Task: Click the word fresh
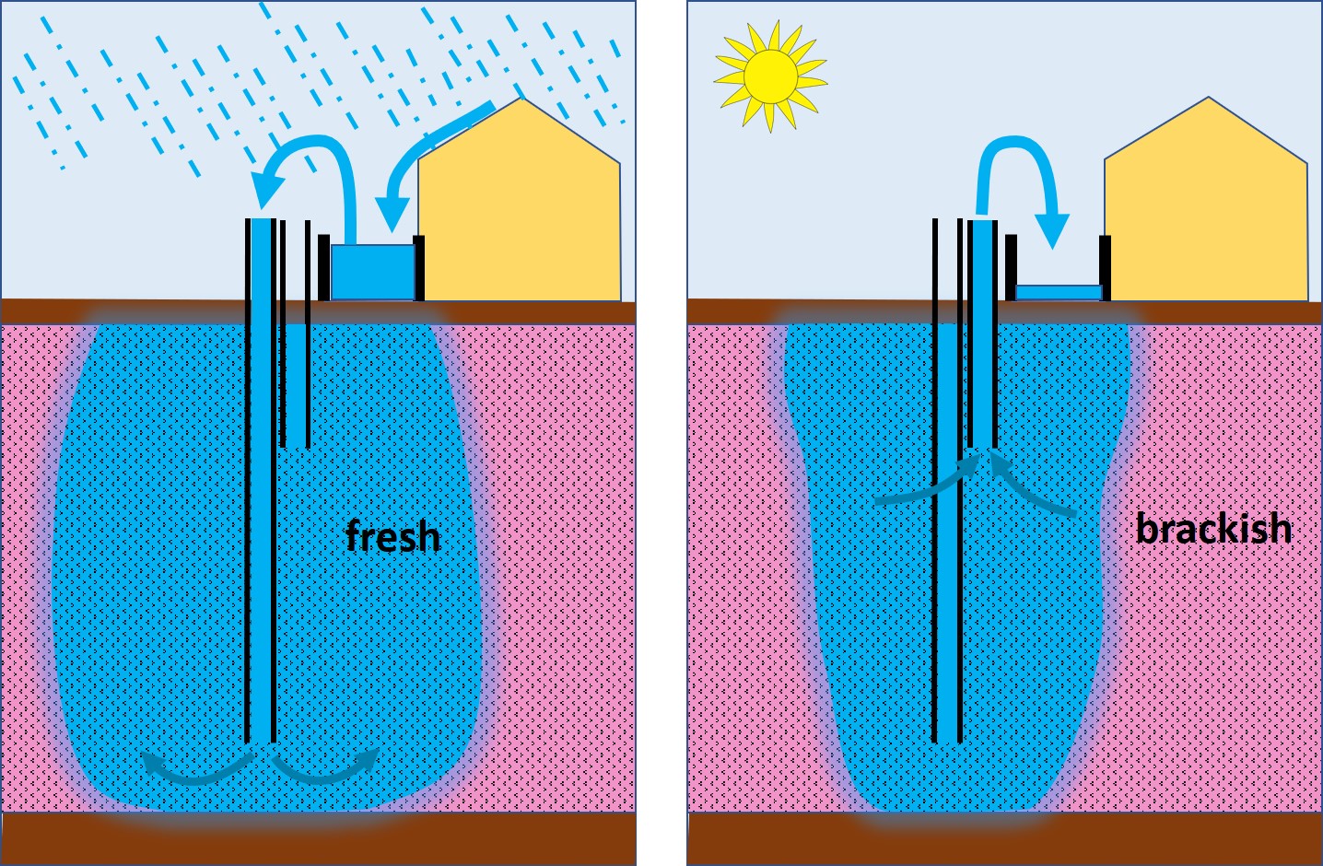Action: pyautogui.click(x=392, y=535)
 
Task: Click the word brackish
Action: pyautogui.click(x=1212, y=528)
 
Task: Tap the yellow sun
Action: pyautogui.click(x=770, y=76)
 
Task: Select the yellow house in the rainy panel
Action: pyautogui.click(x=519, y=221)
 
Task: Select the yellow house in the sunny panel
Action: pyautogui.click(x=1205, y=221)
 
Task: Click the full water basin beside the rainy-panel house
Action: pyautogui.click(x=372, y=272)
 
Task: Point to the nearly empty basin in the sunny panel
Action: pyautogui.click(x=1059, y=292)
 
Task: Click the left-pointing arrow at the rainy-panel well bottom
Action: pyautogui.click(x=193, y=769)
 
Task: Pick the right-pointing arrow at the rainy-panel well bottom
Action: pyautogui.click(x=327, y=769)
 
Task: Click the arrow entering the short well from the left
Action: pyautogui.click(x=921, y=488)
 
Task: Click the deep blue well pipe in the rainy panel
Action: pyautogui.click(x=263, y=479)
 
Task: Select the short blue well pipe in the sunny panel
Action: pyautogui.click(x=983, y=332)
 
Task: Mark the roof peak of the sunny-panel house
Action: pyautogui.click(x=1207, y=99)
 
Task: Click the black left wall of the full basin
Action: pyautogui.click(x=324, y=267)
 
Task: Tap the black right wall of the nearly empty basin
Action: pyautogui.click(x=1105, y=267)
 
